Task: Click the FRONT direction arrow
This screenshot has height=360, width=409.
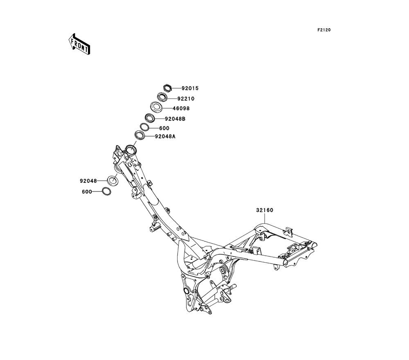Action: (79, 44)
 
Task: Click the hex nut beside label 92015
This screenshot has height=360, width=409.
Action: (166, 87)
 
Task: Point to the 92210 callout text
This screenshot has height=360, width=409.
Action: (186, 99)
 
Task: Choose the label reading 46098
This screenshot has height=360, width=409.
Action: (181, 109)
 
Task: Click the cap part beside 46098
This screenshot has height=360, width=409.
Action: (156, 107)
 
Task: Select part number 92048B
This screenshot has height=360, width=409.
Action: (175, 119)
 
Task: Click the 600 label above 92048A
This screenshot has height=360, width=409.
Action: (164, 128)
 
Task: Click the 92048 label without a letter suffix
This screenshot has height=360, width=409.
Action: (88, 180)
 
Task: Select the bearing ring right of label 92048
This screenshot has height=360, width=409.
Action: (113, 180)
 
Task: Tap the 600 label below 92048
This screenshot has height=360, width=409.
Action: (87, 191)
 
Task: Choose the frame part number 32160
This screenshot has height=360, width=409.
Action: (265, 210)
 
